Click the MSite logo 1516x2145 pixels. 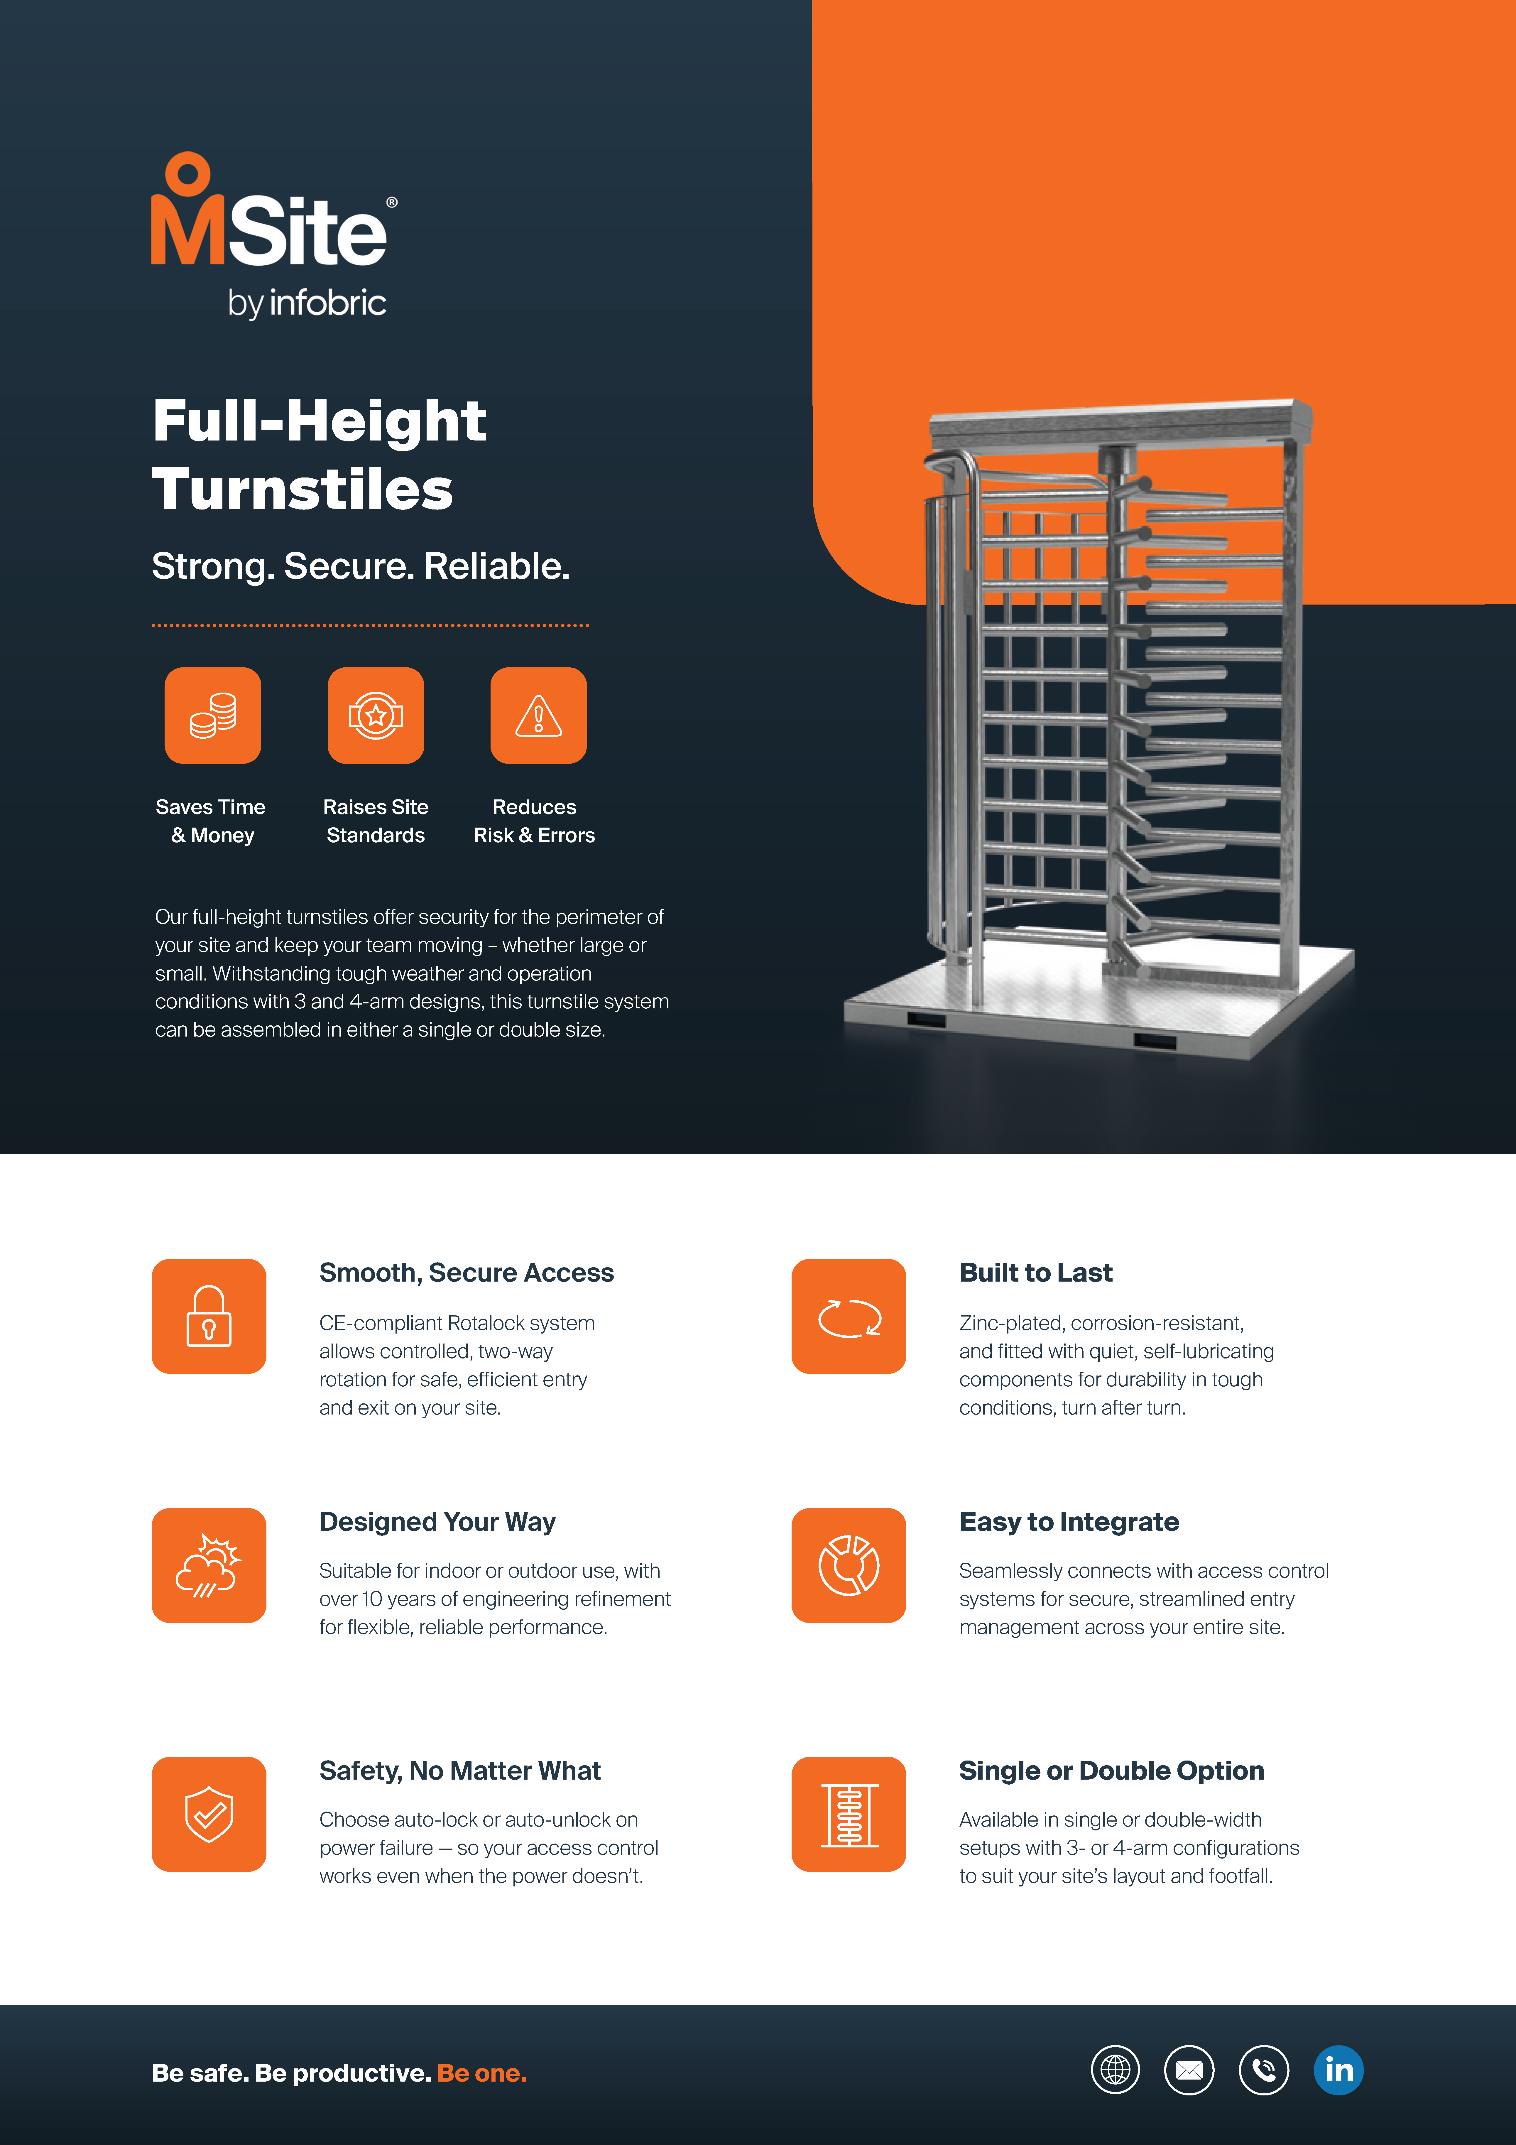click(274, 235)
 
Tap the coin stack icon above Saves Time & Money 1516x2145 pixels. click(213, 715)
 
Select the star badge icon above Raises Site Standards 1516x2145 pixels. click(376, 715)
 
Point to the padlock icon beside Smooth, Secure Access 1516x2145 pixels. click(209, 1316)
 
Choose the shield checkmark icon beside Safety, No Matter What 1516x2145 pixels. click(209, 1814)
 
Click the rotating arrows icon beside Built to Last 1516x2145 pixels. click(849, 1316)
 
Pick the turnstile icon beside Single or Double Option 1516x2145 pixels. click(849, 1814)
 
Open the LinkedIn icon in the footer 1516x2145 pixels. click(1338, 2070)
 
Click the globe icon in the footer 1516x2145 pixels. click(1115, 2070)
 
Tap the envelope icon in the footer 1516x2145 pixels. click(1189, 2070)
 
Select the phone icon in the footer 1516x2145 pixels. click(1264, 2070)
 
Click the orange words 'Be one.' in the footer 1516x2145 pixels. click(482, 2073)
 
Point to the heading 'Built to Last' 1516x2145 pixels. click(1036, 1273)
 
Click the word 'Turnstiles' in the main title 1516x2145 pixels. click(302, 490)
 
